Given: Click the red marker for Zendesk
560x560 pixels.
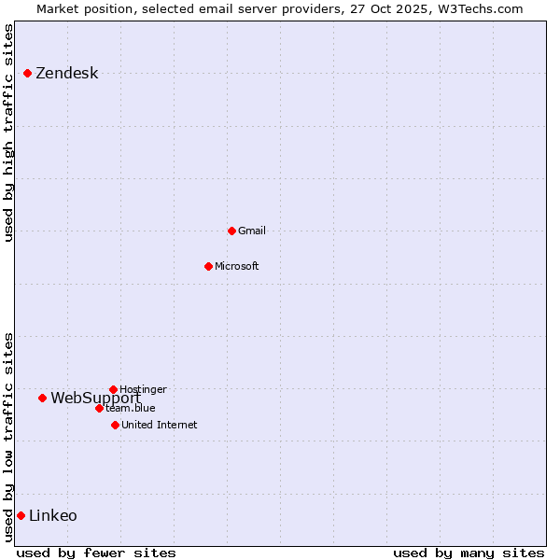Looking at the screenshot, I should (x=28, y=73).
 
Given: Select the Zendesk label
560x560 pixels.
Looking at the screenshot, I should (x=66, y=74).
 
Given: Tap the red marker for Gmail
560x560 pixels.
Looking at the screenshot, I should (x=231, y=231).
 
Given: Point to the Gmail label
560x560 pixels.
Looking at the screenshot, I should (x=252, y=231).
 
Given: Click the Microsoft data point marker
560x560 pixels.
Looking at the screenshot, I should (x=208, y=266).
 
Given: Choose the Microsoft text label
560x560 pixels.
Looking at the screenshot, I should (x=236, y=266).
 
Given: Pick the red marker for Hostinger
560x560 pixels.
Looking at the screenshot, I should (x=113, y=389).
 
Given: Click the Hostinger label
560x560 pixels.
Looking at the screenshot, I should (x=143, y=389).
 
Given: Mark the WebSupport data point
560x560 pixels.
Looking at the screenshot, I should (x=42, y=398).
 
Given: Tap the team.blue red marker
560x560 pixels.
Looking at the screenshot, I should (x=99, y=408).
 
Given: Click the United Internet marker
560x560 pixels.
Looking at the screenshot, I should (x=115, y=425).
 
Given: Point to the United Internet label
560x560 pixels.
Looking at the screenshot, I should (x=159, y=425).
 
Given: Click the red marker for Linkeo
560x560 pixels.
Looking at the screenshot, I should (x=21, y=515).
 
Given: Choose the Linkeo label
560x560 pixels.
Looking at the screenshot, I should (x=53, y=515).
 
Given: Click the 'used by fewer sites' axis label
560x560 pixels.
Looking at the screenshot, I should (x=96, y=553).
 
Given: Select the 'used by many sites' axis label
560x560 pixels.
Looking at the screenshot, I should (x=469, y=553).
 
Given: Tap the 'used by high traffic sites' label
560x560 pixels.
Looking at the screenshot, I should (x=8, y=133).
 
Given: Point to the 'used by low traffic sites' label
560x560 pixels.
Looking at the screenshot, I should (x=8, y=437).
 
